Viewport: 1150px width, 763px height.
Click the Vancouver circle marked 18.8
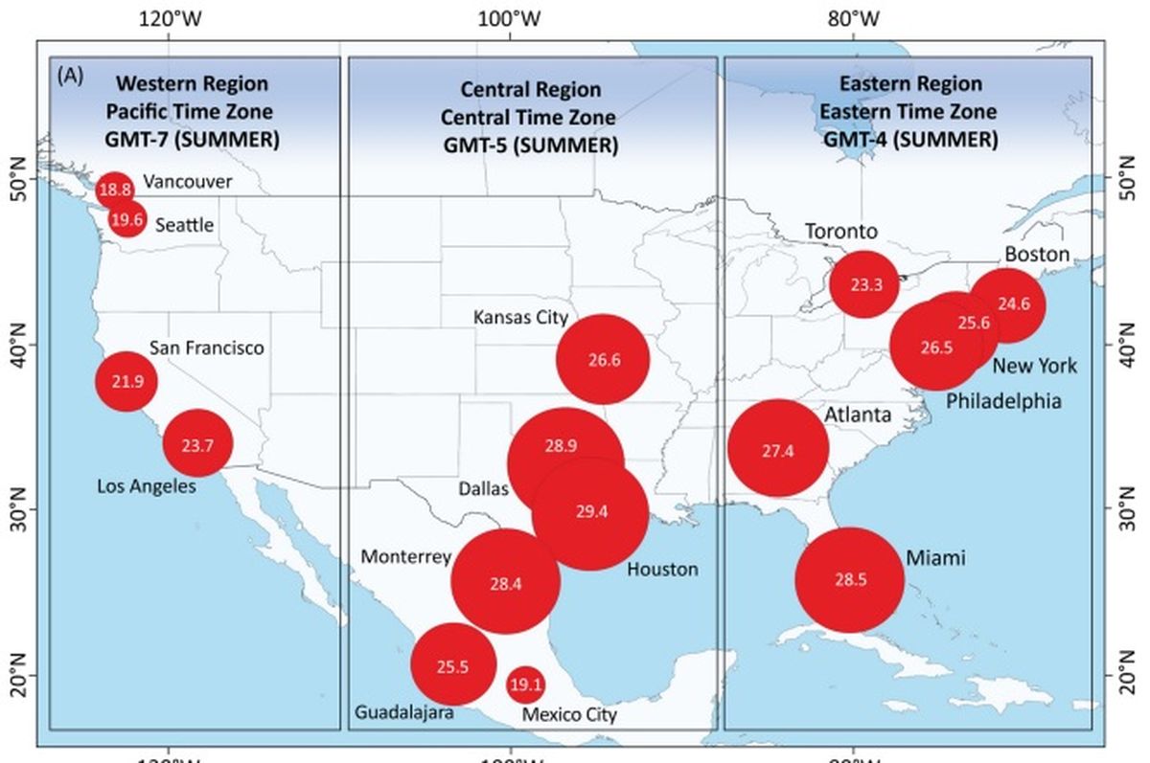[x=115, y=191]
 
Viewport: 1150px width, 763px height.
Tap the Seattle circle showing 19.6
[x=126, y=220]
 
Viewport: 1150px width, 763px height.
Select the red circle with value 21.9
[x=126, y=381]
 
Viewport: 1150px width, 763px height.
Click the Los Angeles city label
[x=147, y=486]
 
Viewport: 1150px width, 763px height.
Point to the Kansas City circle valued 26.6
[x=603, y=360]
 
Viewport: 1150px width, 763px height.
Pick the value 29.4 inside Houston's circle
[x=590, y=511]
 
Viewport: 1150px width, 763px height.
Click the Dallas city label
[x=483, y=488]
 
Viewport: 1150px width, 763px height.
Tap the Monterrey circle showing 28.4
[x=505, y=582]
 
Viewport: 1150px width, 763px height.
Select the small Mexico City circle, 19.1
[x=525, y=684]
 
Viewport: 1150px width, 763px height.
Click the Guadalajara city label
[x=403, y=712]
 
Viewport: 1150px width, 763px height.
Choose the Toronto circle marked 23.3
[x=864, y=284]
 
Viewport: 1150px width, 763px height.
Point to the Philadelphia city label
[x=1003, y=401]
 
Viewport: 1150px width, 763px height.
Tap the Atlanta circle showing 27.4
[x=777, y=450]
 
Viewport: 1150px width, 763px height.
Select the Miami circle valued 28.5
[x=849, y=580]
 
